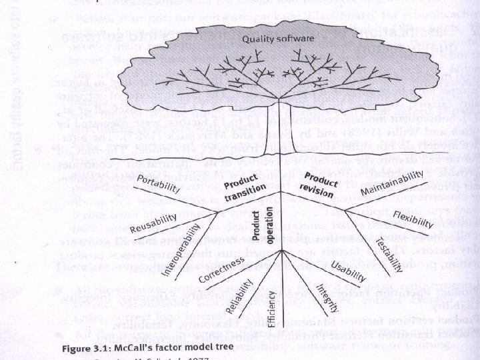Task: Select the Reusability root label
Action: [x=154, y=224]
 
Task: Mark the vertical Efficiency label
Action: [x=271, y=307]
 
